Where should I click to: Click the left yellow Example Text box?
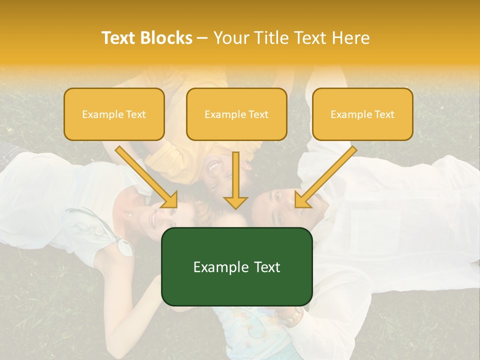pos(114,114)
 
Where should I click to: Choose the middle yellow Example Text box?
pos(236,114)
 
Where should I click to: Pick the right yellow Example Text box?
pos(362,114)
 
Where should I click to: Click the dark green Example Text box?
pos(236,266)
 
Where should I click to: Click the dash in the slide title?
pos(202,38)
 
